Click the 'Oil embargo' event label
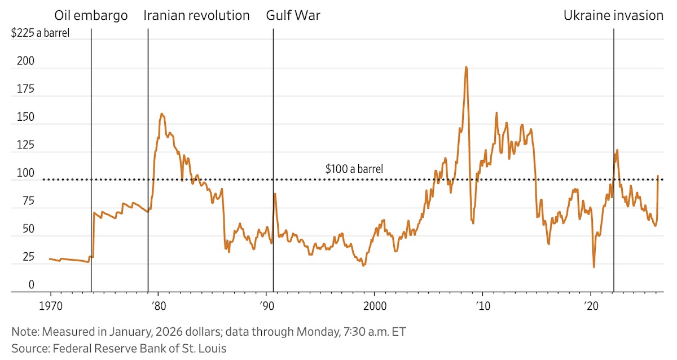tap(90, 15)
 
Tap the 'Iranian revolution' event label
tap(196, 15)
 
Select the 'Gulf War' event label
tap(293, 15)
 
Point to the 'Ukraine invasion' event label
tap(613, 15)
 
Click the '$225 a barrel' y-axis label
tap(41, 32)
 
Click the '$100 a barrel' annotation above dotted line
tap(354, 168)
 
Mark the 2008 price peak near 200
tap(466, 67)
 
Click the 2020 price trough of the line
tap(594, 267)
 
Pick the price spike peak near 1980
tap(162, 114)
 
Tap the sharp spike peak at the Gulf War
tap(275, 194)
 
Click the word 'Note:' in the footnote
tap(25, 331)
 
